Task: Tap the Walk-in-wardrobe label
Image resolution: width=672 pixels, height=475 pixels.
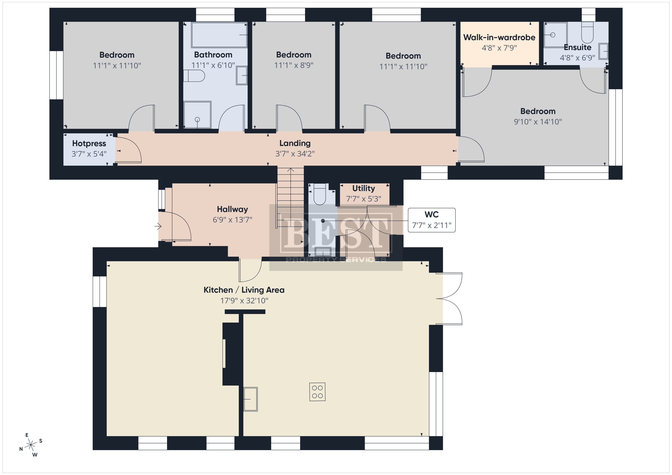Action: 499,37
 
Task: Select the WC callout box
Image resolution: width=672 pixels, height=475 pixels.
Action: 432,220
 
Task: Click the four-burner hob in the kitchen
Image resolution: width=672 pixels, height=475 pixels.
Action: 317,392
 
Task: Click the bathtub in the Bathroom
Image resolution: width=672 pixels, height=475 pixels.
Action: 219,35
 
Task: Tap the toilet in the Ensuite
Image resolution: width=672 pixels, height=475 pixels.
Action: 587,33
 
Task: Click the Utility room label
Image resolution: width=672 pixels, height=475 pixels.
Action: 363,188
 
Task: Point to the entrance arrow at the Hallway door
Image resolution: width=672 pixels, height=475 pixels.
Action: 158,226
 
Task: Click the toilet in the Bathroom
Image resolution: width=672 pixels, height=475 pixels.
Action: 194,76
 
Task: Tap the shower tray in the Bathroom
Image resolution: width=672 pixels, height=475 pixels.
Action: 197,115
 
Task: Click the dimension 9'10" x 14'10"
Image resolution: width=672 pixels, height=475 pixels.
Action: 538,122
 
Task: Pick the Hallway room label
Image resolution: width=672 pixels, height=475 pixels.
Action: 232,209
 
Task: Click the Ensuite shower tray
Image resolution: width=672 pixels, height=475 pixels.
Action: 555,35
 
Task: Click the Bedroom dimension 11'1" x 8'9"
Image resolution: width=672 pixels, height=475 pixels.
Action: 294,65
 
